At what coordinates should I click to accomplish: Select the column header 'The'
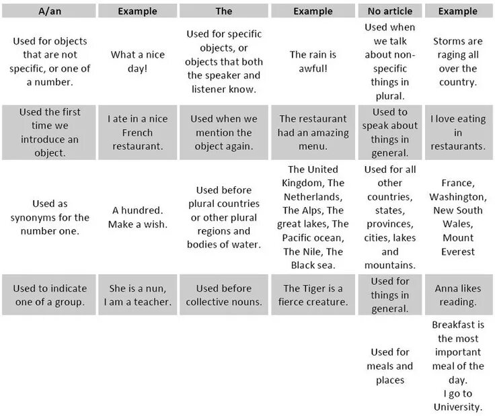click(x=224, y=11)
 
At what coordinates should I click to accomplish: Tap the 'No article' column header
click(x=390, y=11)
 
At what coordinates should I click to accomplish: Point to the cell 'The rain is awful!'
click(x=313, y=62)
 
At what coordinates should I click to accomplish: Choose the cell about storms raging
click(x=458, y=62)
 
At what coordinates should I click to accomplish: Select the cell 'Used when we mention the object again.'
click(x=224, y=132)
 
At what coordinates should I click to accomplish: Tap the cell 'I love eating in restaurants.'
click(x=458, y=132)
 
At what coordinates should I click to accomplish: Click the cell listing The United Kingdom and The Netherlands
click(x=313, y=217)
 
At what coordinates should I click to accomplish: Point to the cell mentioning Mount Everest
click(x=458, y=217)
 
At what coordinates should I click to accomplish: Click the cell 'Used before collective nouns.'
click(x=224, y=295)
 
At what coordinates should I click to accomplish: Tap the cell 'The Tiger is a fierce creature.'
click(x=313, y=295)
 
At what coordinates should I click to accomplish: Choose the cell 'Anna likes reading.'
click(x=458, y=295)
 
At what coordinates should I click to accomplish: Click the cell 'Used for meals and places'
click(x=390, y=366)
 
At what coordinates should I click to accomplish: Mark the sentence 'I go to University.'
click(x=458, y=400)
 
